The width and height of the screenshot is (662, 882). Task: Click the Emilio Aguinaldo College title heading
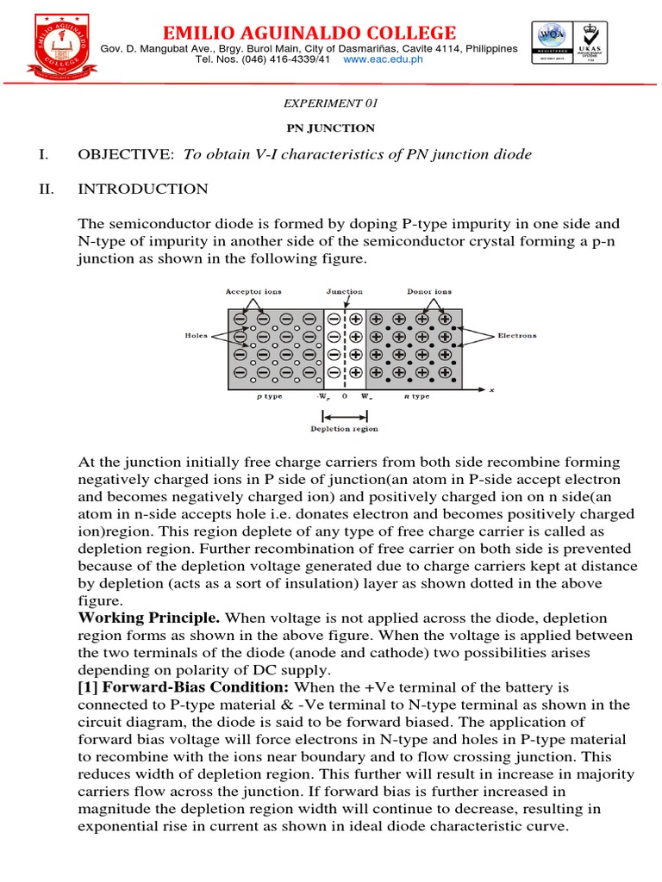309,34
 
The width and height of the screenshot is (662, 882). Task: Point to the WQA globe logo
550,37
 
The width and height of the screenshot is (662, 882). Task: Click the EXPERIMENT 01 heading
331,103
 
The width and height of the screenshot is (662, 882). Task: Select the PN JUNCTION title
331,128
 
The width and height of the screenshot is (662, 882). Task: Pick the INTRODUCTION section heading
143,189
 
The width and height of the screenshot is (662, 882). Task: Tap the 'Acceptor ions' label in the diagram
253,292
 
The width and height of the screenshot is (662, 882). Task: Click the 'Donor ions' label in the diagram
428,292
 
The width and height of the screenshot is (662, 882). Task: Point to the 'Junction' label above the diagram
345,292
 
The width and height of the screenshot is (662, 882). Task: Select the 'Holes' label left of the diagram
196,337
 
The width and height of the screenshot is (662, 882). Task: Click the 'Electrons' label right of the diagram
517,336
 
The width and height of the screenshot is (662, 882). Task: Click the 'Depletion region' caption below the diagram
344,428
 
